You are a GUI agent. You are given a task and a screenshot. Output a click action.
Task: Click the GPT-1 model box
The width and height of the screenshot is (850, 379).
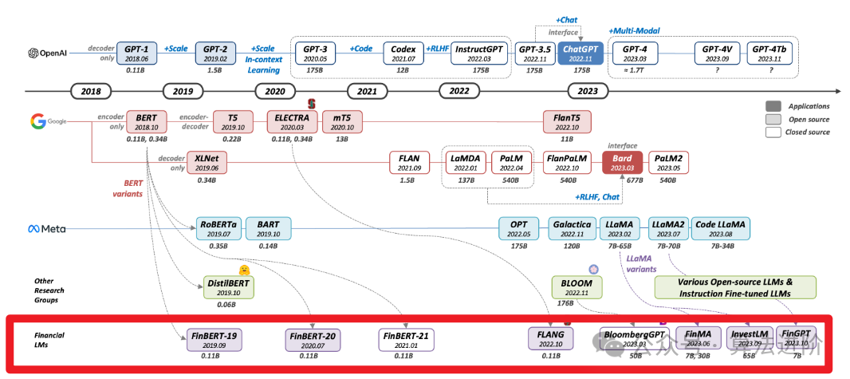click(x=142, y=53)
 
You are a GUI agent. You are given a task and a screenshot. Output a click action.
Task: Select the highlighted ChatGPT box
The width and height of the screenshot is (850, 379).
click(x=580, y=53)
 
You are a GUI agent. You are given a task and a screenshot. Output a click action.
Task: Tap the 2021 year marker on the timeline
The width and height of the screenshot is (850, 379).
click(x=367, y=91)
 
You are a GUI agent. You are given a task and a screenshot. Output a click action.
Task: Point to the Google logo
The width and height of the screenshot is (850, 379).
click(x=38, y=121)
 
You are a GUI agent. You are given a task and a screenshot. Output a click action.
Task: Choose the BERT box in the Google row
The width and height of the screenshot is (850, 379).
click(x=146, y=121)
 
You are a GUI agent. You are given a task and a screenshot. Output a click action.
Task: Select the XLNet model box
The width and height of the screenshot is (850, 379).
click(x=206, y=163)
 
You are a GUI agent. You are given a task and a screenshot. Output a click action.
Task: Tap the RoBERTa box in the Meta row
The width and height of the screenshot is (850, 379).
click(x=218, y=229)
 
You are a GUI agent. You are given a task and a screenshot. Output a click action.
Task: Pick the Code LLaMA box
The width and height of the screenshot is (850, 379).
click(x=721, y=229)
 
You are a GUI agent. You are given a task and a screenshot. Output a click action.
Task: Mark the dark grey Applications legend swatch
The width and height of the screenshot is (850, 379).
click(x=773, y=106)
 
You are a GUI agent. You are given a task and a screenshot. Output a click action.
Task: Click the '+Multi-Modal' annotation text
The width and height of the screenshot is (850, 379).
click(x=640, y=30)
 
